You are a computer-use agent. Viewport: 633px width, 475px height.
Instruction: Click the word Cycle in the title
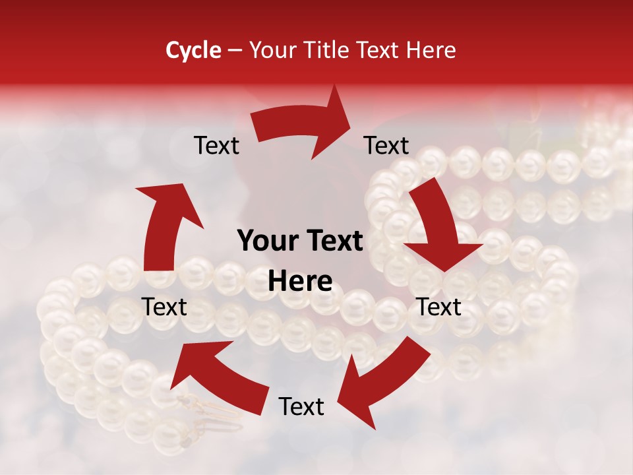193,50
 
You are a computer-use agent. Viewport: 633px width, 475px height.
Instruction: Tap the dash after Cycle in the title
235,50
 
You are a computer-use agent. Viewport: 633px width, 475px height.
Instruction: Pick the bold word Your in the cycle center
264,241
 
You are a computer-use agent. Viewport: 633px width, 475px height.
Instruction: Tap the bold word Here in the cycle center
300,282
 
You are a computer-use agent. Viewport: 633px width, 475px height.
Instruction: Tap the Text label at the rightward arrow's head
386,145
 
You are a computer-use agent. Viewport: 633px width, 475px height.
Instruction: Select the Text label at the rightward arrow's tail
216,145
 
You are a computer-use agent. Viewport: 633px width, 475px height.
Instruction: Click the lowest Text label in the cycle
301,406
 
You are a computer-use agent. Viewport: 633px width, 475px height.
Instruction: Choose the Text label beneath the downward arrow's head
439,307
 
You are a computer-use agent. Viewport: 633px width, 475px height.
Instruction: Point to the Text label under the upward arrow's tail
165,307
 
